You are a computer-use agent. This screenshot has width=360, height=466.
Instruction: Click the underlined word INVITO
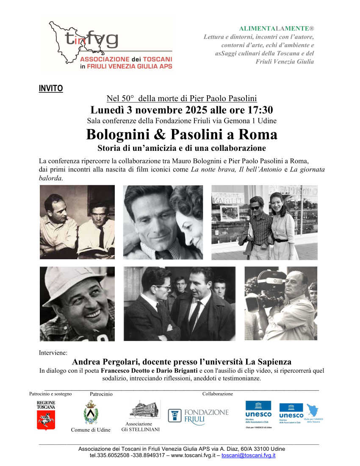click(51, 89)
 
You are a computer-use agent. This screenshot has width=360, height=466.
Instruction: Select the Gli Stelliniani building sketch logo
click(145, 409)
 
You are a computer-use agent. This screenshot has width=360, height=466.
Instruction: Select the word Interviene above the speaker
click(53, 352)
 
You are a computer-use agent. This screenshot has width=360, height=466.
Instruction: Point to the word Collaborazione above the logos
click(217, 394)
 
